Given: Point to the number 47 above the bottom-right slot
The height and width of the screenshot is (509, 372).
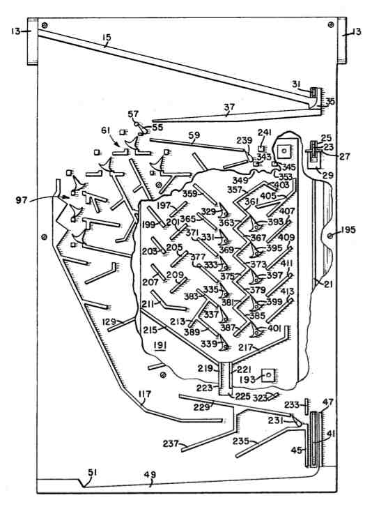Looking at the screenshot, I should [327, 403].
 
